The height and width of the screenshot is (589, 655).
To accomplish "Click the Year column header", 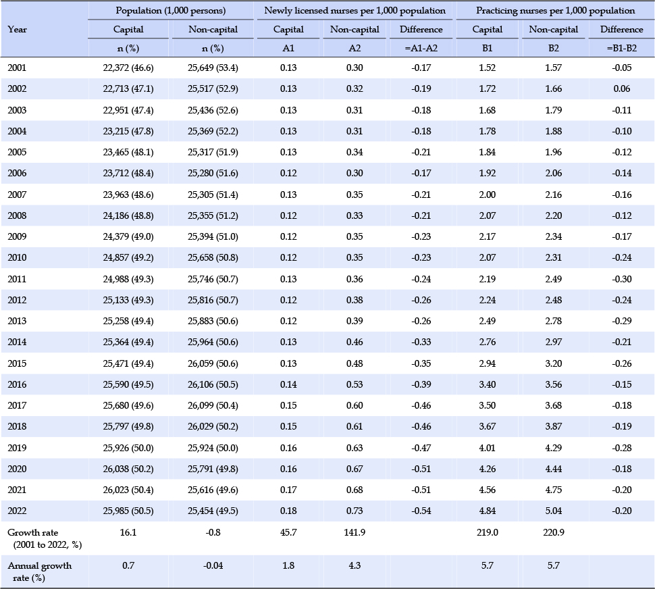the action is (x=17, y=30).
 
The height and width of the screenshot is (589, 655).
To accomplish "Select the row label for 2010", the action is (x=17, y=258).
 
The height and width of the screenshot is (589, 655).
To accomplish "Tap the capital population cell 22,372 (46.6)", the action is (x=128, y=68).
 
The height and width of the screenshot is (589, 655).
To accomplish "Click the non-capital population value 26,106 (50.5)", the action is (x=213, y=385).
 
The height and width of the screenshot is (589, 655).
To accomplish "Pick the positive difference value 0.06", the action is (x=622, y=89).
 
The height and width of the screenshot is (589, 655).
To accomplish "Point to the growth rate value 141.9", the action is (x=355, y=533).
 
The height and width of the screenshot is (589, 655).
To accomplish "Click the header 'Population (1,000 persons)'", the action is (x=170, y=11).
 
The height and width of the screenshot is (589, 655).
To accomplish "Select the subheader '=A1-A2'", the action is (x=421, y=49).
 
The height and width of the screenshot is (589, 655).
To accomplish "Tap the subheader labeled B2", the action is (x=554, y=49).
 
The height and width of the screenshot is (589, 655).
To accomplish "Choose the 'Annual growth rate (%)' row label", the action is (x=40, y=572).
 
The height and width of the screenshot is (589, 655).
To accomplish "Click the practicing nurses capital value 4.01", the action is (x=488, y=449).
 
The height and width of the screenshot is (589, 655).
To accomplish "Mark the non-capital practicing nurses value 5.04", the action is (x=554, y=511).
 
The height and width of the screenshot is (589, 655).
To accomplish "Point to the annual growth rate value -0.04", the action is (x=213, y=565).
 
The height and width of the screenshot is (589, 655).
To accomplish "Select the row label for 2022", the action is (x=17, y=511).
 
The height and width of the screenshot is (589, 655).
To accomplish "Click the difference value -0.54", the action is (x=421, y=511).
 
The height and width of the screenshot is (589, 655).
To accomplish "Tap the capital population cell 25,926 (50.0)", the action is (x=128, y=449).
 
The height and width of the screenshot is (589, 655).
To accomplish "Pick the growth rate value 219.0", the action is (x=488, y=533).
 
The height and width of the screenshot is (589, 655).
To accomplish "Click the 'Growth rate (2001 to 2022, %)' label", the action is (x=45, y=539).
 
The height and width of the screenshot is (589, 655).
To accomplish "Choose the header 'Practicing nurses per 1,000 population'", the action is (x=556, y=11).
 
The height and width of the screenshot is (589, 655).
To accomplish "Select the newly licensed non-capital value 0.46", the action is (x=355, y=342).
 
